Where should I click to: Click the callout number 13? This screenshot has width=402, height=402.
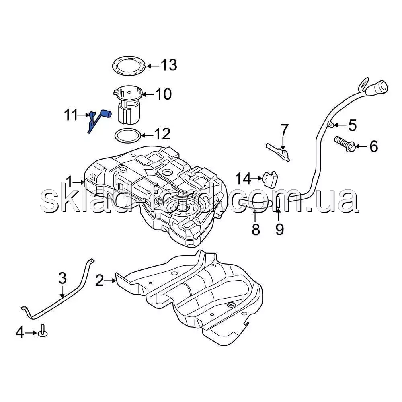tap(169, 65)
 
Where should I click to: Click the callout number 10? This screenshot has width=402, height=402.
tap(163, 94)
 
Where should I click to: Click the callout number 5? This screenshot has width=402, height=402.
tap(352, 125)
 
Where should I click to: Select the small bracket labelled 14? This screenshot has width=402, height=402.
tap(271, 179)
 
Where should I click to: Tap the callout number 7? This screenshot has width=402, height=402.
tap(284, 130)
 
